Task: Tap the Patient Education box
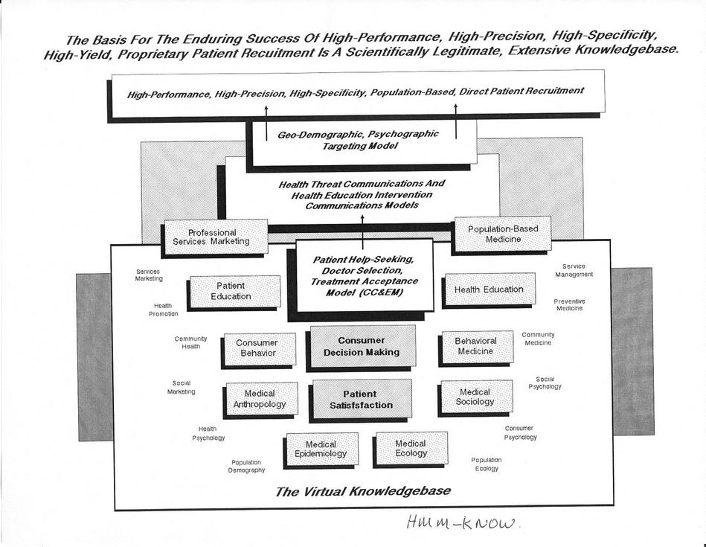[234, 290]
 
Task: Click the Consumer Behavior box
[257, 348]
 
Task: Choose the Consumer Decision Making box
[361, 346]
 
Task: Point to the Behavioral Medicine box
[475, 346]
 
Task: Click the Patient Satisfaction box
[361, 399]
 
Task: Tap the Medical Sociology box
[475, 397]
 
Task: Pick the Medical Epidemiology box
[321, 449]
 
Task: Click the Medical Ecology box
[411, 448]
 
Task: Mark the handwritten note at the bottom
[463, 524]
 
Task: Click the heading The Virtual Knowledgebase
[362, 491]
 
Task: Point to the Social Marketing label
[182, 388]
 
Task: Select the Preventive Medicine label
[569, 304]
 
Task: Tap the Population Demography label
[248, 466]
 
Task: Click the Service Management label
[574, 270]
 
